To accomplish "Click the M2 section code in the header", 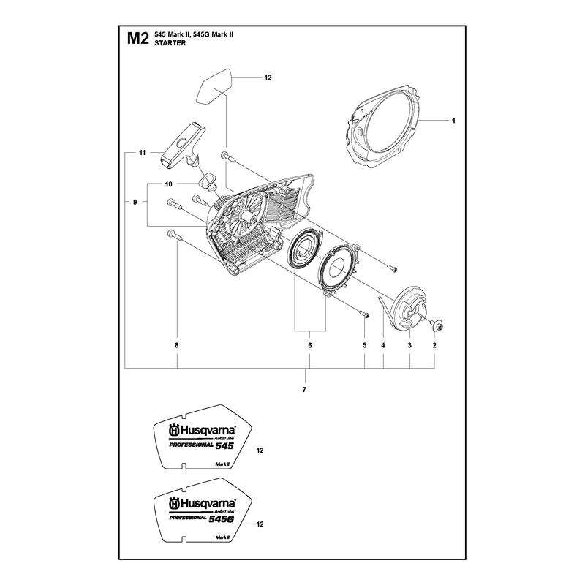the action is (138, 39).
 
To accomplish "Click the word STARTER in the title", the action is (170, 43).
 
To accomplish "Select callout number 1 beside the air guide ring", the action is (453, 121).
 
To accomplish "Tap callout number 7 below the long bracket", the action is (304, 390).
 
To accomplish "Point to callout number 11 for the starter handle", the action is (142, 153).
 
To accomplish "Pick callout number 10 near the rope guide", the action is (169, 184).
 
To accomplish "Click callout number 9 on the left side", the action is (135, 203).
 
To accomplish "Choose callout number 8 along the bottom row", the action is (177, 345).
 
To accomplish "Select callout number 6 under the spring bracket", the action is (309, 345).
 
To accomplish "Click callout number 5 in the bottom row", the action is (364, 345).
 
